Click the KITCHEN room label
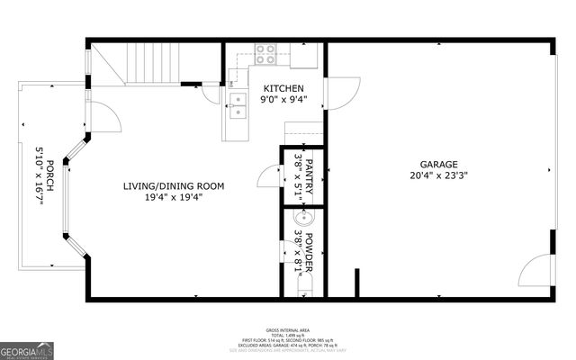[284, 88]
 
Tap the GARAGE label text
[438, 165]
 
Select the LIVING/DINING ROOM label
[174, 186]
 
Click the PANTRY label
[310, 175]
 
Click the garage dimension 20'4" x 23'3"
[438, 176]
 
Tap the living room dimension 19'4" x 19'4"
[174, 198]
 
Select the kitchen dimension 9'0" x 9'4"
[284, 100]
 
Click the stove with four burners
[265, 53]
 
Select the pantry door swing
[266, 175]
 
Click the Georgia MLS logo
[25, 349]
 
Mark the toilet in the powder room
[304, 286]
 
